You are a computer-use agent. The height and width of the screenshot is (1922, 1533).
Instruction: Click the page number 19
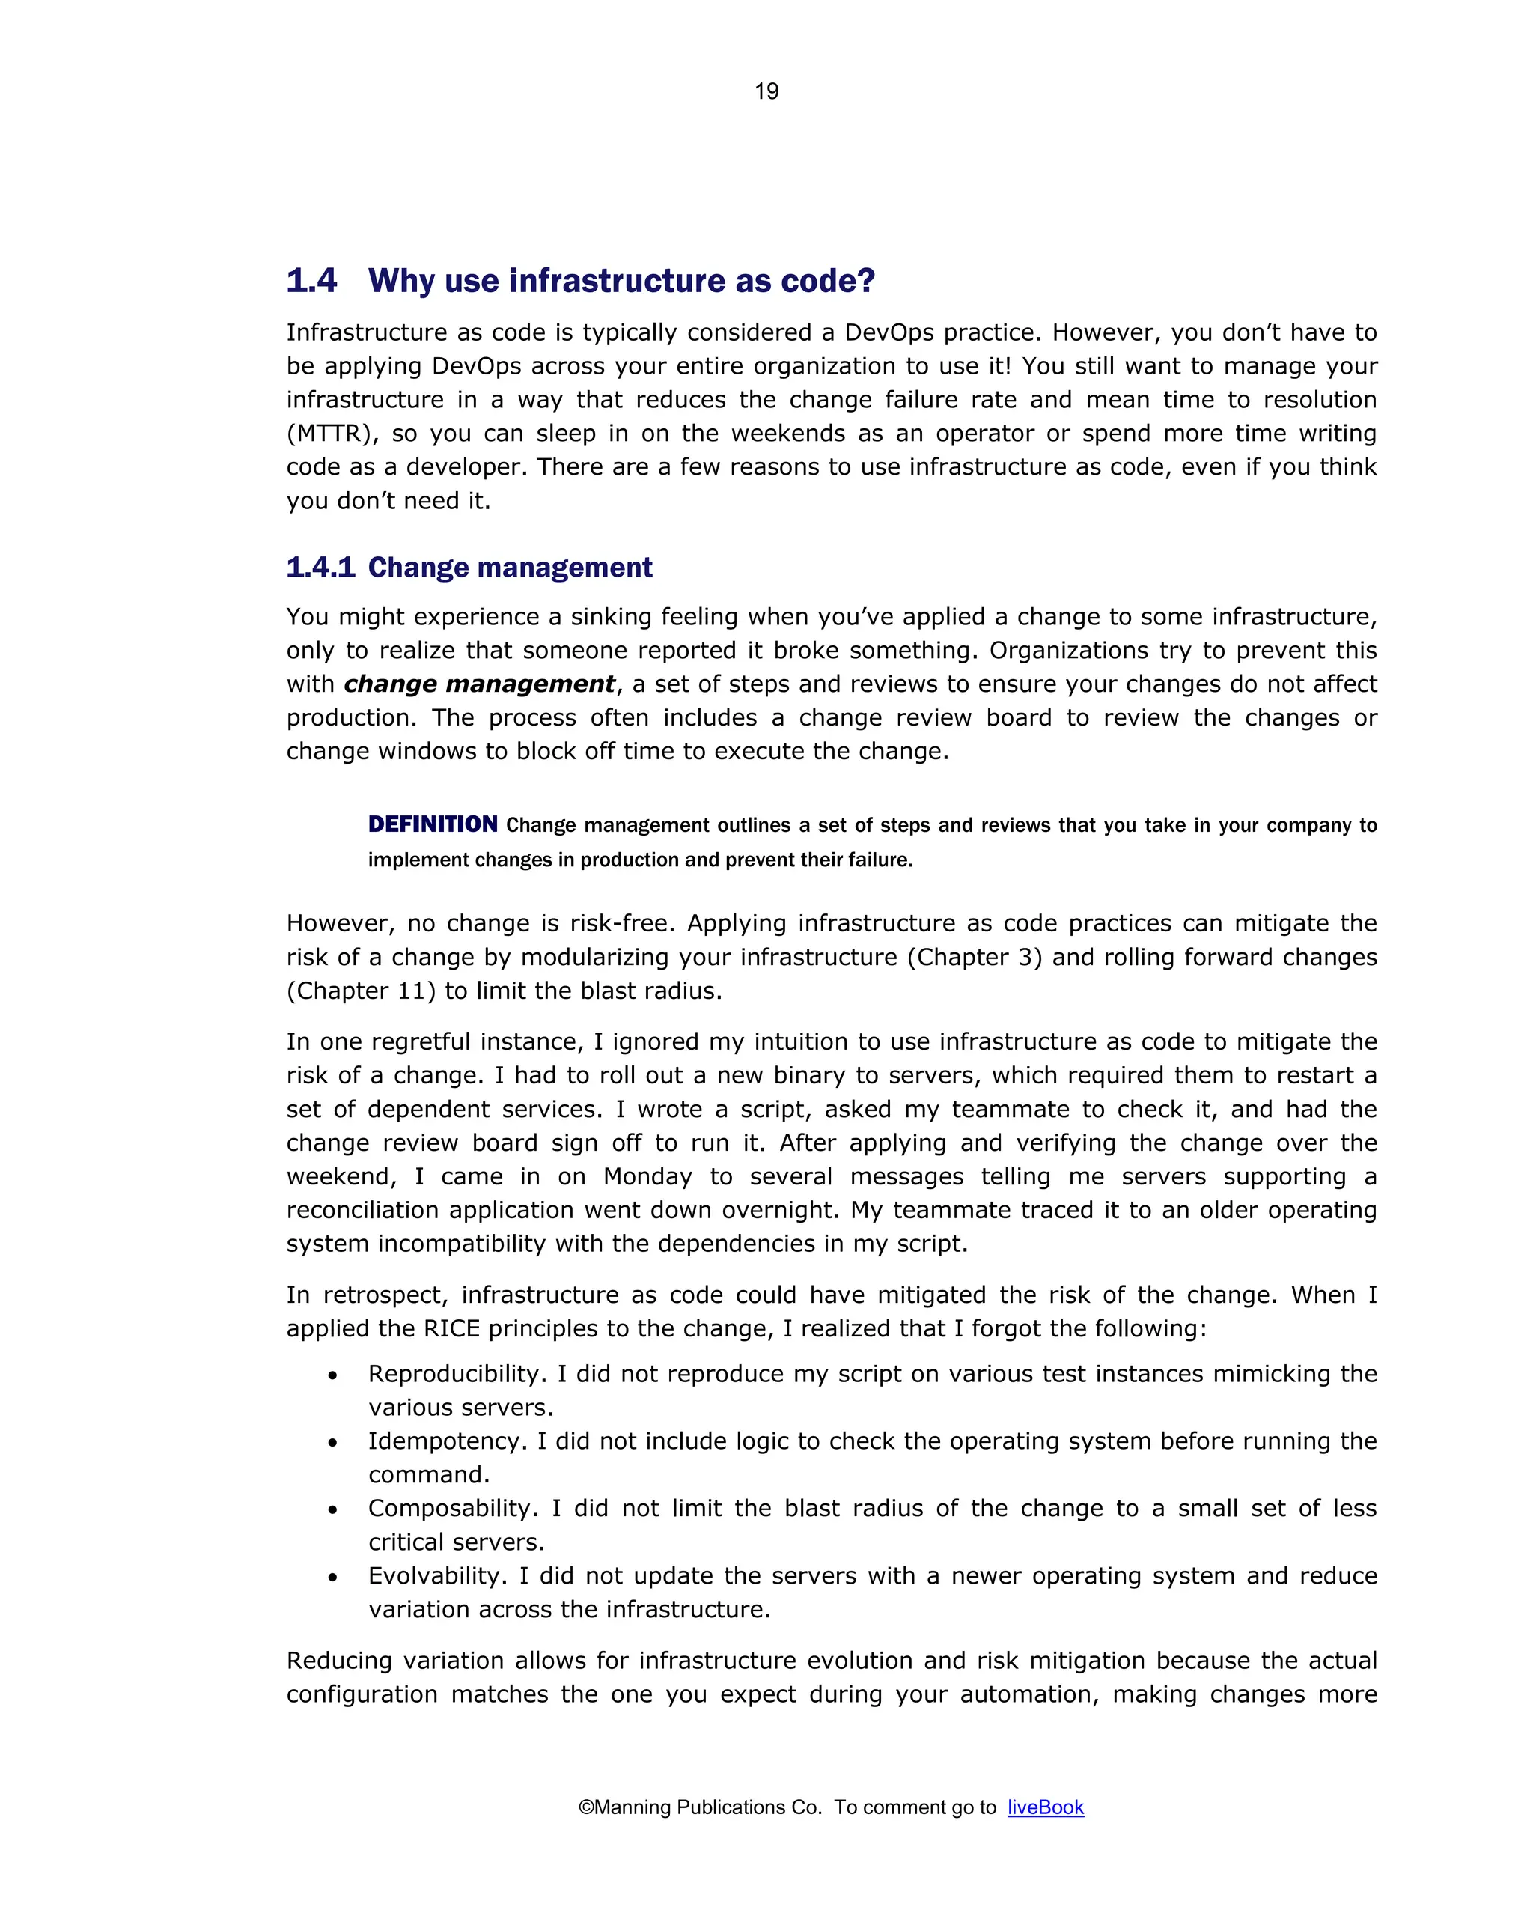(x=766, y=91)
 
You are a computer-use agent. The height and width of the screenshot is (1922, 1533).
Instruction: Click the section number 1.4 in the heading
(x=311, y=281)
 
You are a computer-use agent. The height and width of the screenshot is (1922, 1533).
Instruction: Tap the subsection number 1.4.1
(x=320, y=567)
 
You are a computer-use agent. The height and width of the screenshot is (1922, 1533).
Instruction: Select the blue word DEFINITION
(x=432, y=824)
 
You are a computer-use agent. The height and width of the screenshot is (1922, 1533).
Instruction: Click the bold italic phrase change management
(x=478, y=684)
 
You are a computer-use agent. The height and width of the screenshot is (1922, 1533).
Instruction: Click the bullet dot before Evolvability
(x=332, y=1577)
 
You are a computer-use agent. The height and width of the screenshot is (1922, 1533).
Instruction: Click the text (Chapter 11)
(x=360, y=991)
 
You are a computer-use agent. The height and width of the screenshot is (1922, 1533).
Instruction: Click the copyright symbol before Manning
(x=585, y=1807)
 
